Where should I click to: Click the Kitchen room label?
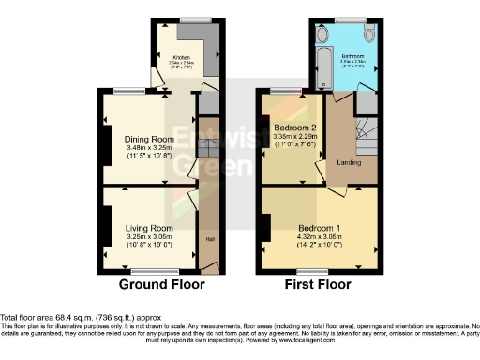click(181, 57)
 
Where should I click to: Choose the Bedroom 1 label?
click(319, 228)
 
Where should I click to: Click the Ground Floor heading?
click(156, 284)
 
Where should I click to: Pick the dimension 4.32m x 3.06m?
click(319, 237)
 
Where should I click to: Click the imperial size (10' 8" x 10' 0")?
click(150, 245)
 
